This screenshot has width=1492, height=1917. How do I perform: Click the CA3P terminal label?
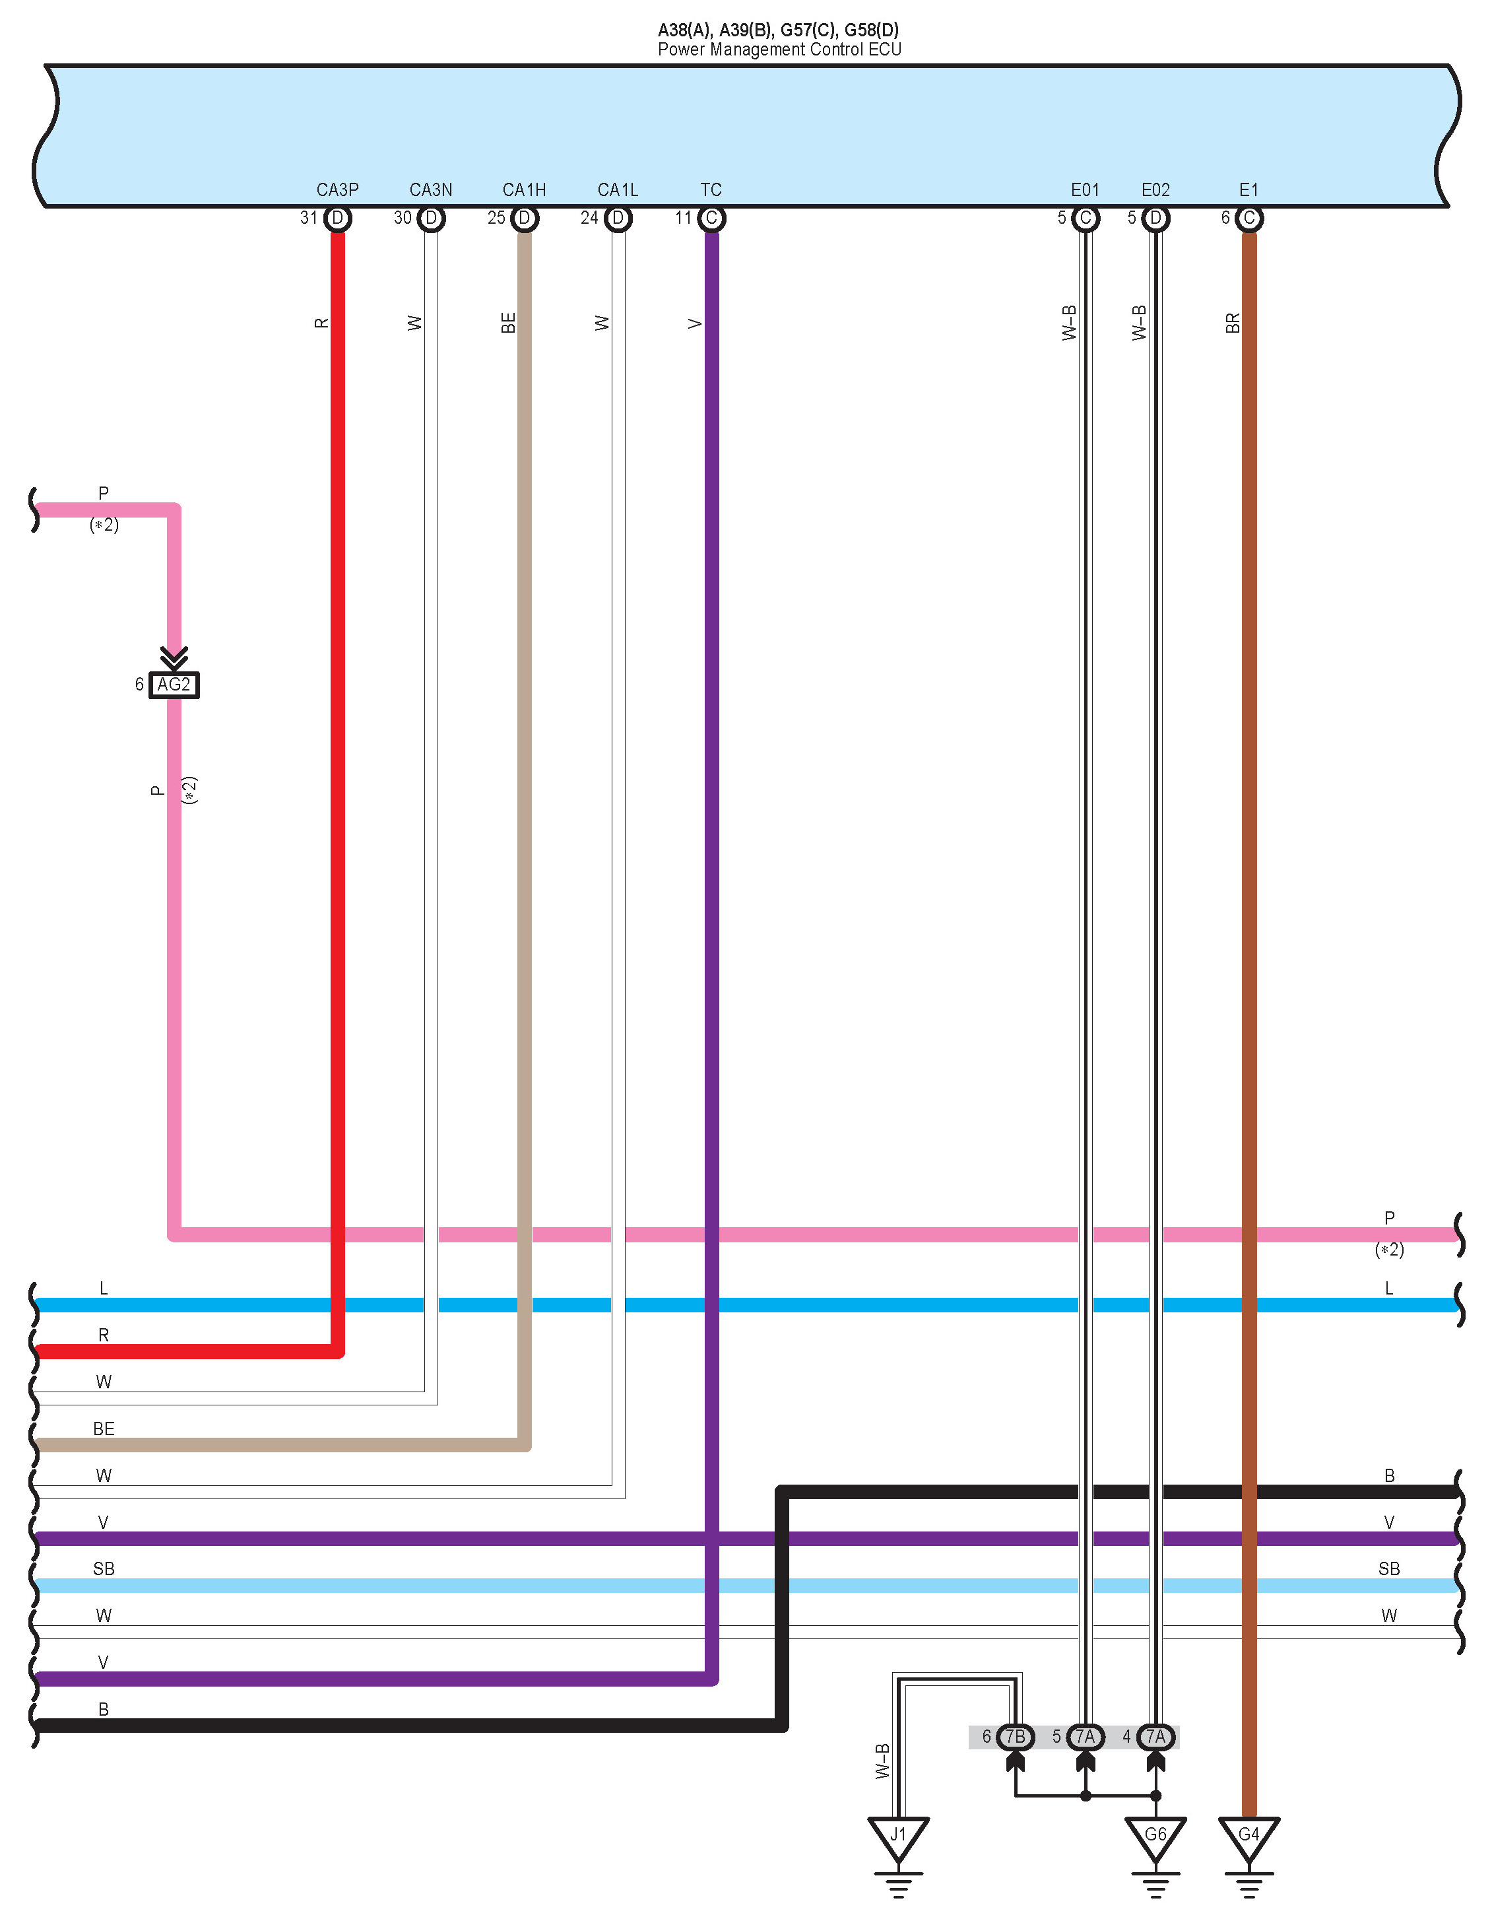[x=337, y=189]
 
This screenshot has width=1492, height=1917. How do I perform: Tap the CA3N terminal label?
[x=431, y=189]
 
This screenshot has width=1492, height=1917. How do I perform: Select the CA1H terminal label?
[x=524, y=189]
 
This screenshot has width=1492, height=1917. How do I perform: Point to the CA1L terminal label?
[x=618, y=189]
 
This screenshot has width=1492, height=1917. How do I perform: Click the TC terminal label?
[x=711, y=189]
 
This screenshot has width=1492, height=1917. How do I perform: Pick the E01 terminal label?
[x=1085, y=189]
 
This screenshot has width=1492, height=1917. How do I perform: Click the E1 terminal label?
[x=1249, y=189]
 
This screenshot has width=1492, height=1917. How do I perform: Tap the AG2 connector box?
[x=174, y=685]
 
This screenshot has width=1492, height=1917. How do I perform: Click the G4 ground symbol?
[x=1249, y=1836]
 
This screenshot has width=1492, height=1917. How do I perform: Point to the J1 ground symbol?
[x=898, y=1836]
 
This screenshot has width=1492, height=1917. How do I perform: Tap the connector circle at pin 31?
[x=338, y=218]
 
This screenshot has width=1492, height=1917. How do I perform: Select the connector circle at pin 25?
[x=525, y=218]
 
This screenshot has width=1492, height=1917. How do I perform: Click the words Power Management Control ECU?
[x=779, y=50]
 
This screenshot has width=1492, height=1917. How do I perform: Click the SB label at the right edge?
[x=1388, y=1568]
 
